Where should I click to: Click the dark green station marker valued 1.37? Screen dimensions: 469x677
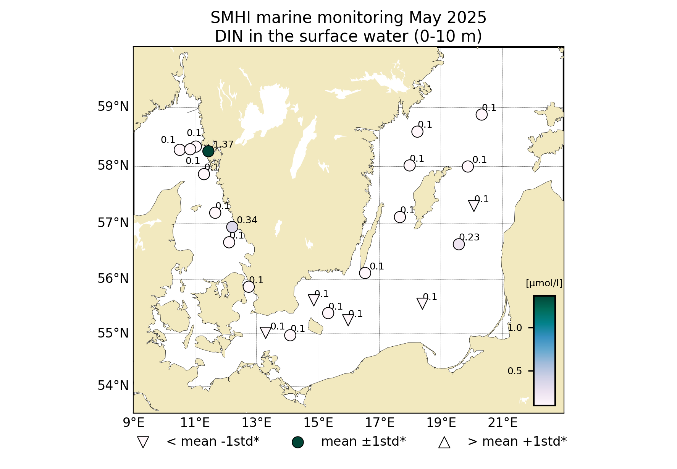coord(208,151)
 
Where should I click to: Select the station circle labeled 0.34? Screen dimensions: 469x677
coord(232,227)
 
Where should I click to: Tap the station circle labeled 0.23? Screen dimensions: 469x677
coord(459,244)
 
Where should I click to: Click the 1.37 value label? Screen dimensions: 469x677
coord(223,144)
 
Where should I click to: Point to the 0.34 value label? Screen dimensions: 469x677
coord(247,220)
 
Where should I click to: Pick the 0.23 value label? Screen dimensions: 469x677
coord(469,237)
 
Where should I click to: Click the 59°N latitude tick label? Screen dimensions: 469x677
coord(113,107)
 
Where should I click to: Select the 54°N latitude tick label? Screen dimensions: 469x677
coord(113,386)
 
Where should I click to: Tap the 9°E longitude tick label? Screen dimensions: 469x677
coord(134,423)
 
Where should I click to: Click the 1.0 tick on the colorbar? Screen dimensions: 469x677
coord(515,328)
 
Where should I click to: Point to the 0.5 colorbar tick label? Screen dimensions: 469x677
coord(515,371)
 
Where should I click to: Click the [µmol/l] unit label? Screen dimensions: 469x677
coord(544,283)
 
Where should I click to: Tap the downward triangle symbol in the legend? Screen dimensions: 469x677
coord(143,442)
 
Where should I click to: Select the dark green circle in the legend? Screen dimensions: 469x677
coord(297,442)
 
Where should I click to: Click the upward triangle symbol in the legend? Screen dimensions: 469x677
coord(444,442)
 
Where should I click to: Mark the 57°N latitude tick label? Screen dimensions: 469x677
coord(113,222)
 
